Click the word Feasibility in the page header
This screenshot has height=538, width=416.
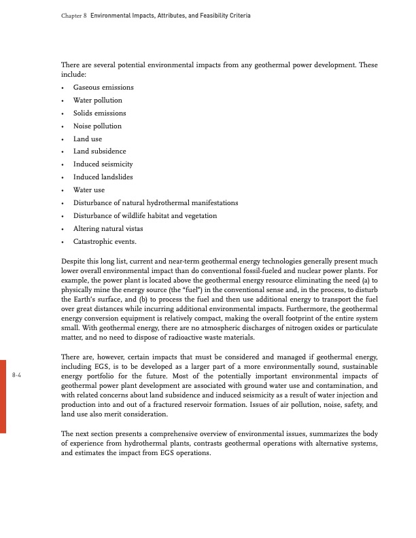coord(213,15)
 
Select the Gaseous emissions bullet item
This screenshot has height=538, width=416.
coord(103,88)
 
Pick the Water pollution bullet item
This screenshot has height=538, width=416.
coord(98,101)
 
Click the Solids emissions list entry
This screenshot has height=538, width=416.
coord(99,113)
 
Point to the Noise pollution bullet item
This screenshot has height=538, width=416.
coord(98,126)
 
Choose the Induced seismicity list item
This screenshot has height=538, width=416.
coord(103,164)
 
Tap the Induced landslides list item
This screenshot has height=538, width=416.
coord(103,177)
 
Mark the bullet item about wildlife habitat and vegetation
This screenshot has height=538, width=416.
coord(145,215)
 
